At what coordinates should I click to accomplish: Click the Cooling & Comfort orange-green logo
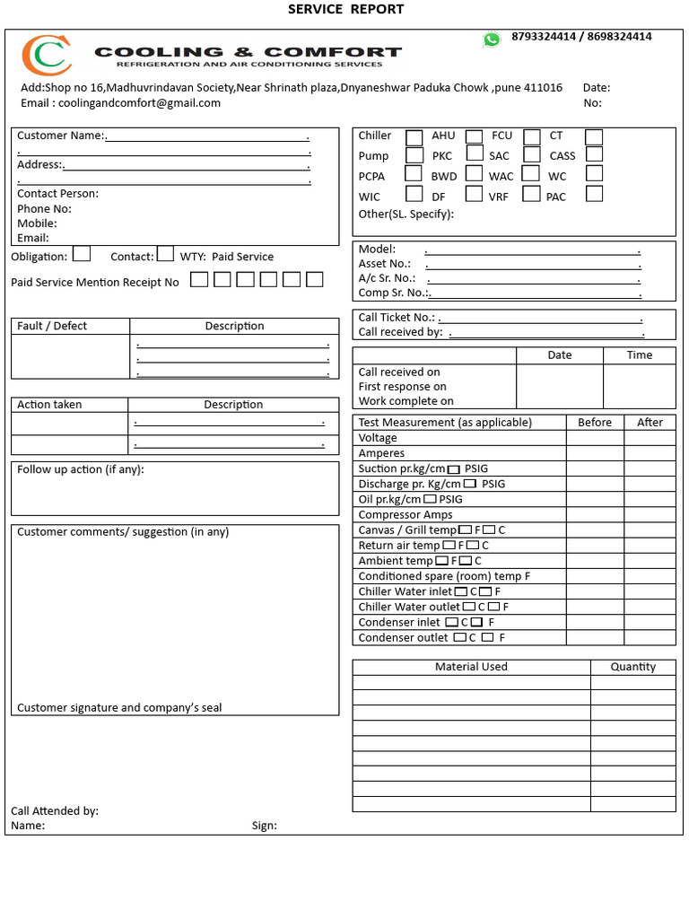coord(47,56)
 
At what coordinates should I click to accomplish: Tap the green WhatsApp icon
coord(492,39)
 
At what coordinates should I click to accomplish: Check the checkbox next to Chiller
coord(414,137)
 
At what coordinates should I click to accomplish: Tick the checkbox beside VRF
coord(531,194)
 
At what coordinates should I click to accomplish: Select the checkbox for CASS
coord(594,154)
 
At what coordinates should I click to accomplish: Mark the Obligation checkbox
coord(82,254)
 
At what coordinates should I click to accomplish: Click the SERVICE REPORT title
coord(345,10)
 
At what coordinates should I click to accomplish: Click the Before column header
coord(595,422)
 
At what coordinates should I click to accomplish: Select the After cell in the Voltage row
coord(650,438)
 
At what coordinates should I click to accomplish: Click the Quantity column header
coord(632,667)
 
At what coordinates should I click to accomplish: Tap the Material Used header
coord(471,667)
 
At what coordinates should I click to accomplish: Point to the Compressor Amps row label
coord(406,515)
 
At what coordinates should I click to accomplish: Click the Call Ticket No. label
coord(397,318)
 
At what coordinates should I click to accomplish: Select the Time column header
coord(639,355)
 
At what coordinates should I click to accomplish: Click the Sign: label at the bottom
coord(265,826)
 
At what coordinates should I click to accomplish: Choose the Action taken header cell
coord(49,405)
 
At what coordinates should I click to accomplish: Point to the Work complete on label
coord(406,401)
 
